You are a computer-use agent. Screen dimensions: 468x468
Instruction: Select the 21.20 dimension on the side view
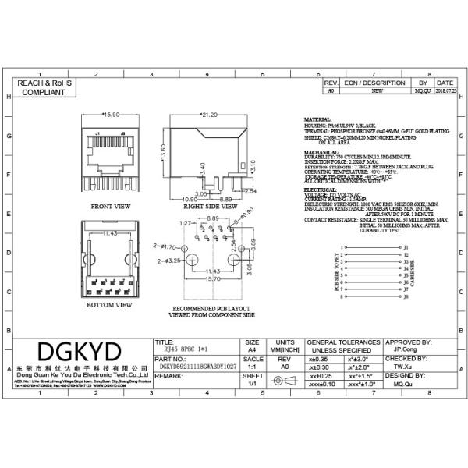tap(208, 115)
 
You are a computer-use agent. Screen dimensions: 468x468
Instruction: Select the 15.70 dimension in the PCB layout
tap(211, 279)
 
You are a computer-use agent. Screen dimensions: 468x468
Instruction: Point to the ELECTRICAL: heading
tap(320, 189)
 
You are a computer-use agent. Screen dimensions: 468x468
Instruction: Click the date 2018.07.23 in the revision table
tap(445, 91)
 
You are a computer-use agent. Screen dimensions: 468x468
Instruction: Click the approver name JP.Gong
tap(405, 351)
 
